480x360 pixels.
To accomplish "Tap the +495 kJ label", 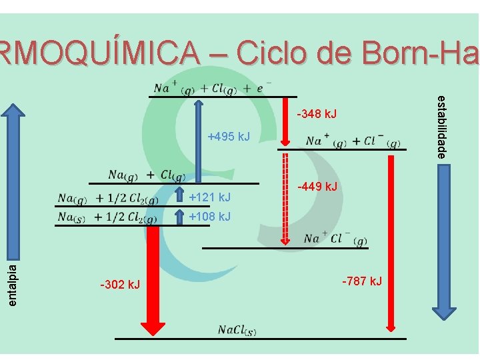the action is tap(229, 137).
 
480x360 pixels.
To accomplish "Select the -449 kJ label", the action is tap(317, 186).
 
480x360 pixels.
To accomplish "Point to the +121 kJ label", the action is tap(210, 197).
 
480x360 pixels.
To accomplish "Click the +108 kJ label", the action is tap(210, 217).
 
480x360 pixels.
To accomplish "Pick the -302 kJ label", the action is tap(120, 285).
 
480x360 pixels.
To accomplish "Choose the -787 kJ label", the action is tap(362, 281).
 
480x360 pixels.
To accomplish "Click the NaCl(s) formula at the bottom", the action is tap(237, 330).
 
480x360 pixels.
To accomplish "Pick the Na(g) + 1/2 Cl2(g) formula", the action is tap(108, 199).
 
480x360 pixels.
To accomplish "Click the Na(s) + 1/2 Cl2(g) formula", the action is tap(108, 217).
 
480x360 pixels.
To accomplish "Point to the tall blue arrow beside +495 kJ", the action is tap(198, 139).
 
